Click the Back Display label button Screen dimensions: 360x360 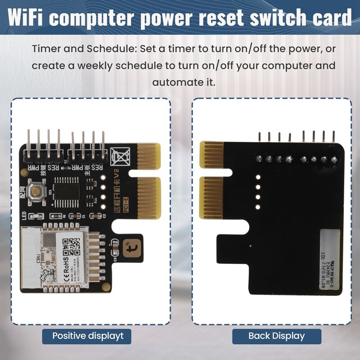[276, 336]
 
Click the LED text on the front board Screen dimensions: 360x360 [25, 217]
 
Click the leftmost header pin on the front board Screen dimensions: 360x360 [28, 144]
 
